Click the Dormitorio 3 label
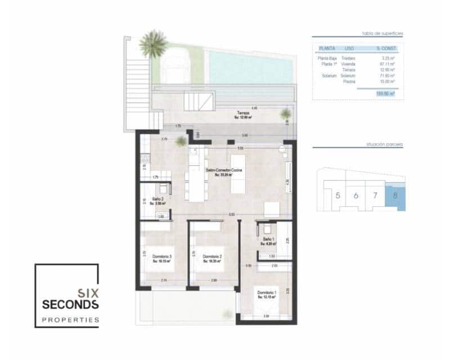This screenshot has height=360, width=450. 162,258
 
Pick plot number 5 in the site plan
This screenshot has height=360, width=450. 337,196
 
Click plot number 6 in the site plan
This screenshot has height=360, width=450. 356,196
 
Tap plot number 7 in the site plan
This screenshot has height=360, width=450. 375,196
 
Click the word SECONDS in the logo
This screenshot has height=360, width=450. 70,304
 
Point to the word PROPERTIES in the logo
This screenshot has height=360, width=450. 70,320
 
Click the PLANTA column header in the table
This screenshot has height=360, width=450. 327,48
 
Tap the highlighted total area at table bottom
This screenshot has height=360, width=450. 385,94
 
